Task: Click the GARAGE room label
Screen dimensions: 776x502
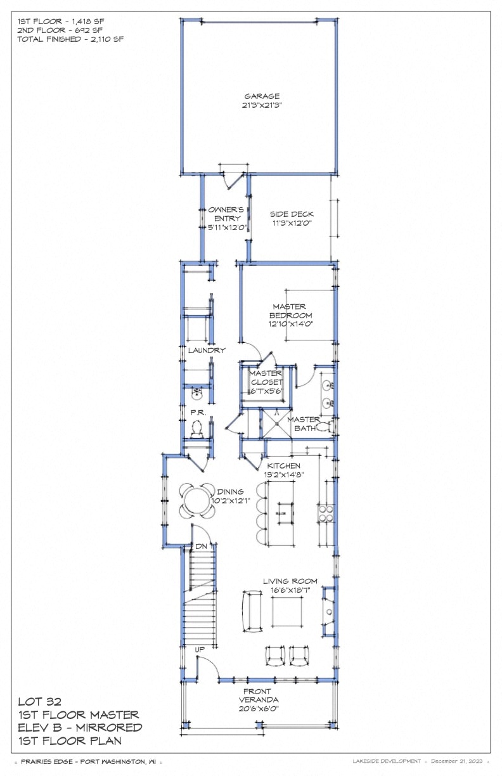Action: [x=258, y=96]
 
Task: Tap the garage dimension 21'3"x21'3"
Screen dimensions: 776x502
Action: [x=258, y=106]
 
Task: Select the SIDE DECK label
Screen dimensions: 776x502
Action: [x=292, y=214]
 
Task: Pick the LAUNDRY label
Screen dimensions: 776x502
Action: [x=206, y=350]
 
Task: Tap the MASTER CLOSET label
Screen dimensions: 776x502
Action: [x=265, y=378]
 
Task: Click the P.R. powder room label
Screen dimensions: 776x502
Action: [x=196, y=412]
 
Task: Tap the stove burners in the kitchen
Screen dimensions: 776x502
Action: [x=325, y=512]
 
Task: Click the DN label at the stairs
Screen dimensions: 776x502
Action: [x=200, y=546]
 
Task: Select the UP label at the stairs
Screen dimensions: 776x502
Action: [x=200, y=649]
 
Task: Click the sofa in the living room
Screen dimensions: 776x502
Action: [x=252, y=611]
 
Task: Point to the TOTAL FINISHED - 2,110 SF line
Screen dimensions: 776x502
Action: [x=70, y=39]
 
